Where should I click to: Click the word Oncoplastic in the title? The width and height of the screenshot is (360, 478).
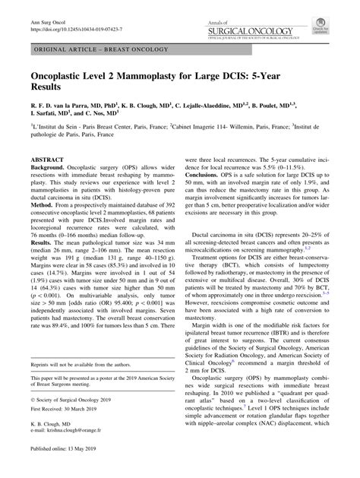(65, 77)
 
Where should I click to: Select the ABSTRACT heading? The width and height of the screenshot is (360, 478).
(49, 160)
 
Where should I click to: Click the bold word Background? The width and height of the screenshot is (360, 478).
(47, 168)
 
